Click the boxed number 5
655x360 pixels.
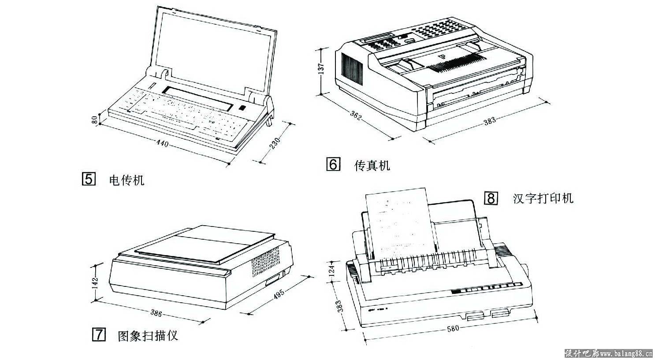click(89, 180)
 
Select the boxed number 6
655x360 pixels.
click(333, 165)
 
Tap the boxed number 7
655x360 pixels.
click(98, 335)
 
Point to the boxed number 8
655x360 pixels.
click(491, 198)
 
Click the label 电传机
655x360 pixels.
click(127, 180)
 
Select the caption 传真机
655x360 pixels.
click(372, 166)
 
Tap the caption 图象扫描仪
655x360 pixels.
click(148, 336)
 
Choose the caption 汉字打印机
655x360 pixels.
click(543, 198)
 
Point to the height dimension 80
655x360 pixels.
click(94, 120)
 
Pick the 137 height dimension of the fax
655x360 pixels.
click(321, 68)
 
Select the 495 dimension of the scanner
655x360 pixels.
click(280, 294)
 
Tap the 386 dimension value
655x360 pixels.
click(156, 313)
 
